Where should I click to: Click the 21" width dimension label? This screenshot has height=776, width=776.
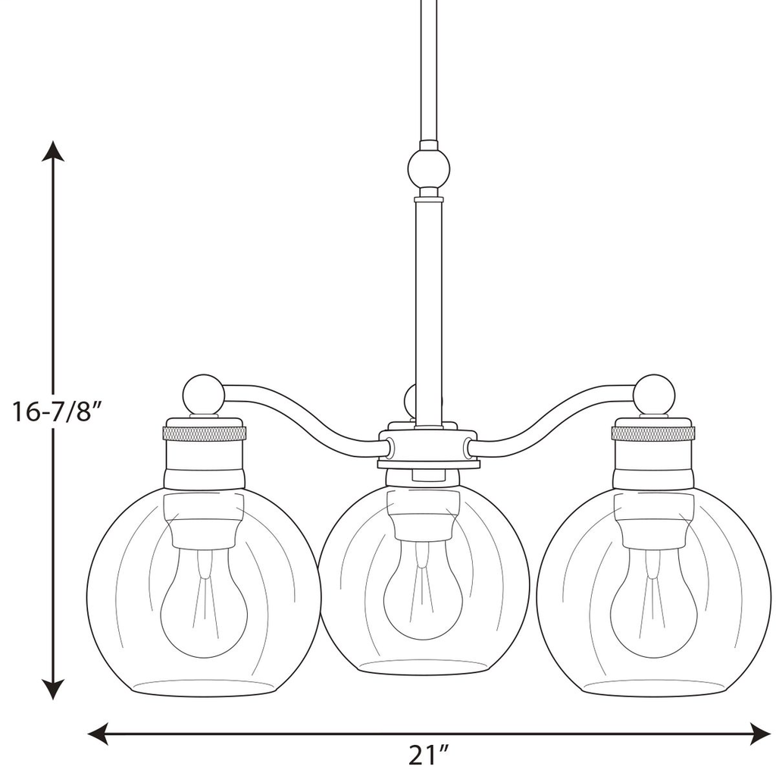pos(429,756)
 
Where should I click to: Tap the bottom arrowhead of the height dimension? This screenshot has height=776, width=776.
pos(52,689)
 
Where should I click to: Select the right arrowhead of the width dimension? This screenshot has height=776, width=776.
pos(760,733)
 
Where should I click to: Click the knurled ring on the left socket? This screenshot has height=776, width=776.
pos(205,434)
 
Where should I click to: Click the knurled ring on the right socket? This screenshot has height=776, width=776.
pos(653,434)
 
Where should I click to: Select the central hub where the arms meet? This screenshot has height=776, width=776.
pos(429,449)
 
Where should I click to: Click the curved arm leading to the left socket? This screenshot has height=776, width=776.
pos(303,417)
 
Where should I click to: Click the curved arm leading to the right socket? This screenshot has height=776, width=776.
pos(553,417)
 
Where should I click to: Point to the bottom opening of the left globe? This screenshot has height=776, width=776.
pos(203,687)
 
